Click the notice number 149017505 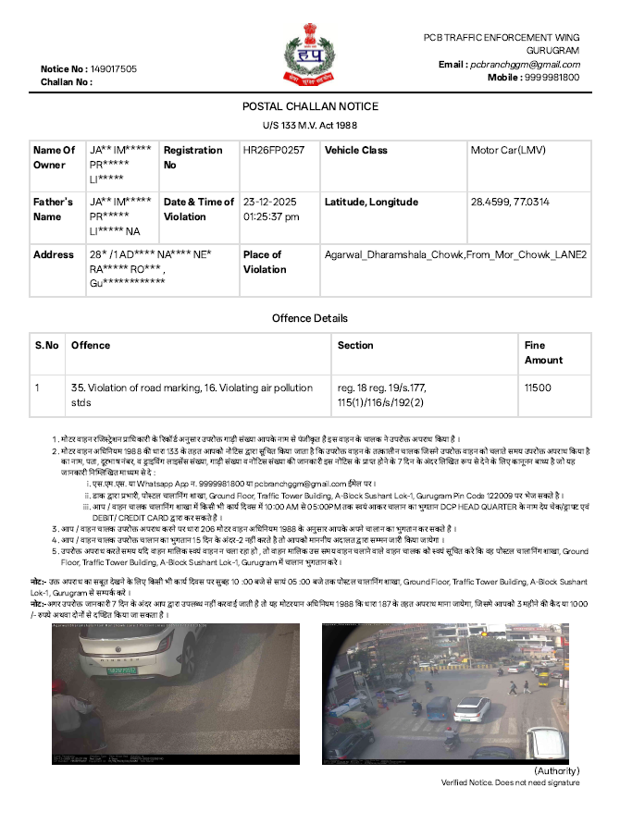point(114,69)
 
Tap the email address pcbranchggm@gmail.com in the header point(525,65)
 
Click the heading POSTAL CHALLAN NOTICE point(310,106)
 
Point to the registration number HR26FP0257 point(273,150)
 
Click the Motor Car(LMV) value point(509,150)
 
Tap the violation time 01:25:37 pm point(271,216)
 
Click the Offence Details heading point(310,318)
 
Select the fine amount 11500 point(538,388)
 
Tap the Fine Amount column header point(543,352)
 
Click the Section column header point(355,345)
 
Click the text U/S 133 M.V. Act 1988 point(310,124)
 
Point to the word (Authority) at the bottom point(556,770)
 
